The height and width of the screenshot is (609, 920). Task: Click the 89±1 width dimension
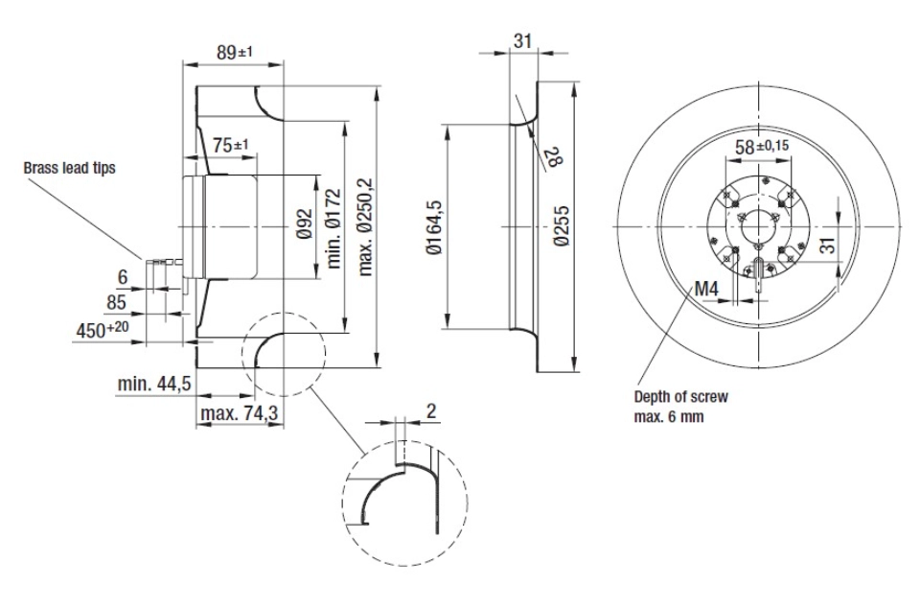(235, 52)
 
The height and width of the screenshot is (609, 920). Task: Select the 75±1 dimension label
(231, 145)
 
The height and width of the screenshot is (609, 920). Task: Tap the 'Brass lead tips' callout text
(69, 168)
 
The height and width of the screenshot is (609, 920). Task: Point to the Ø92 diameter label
(304, 223)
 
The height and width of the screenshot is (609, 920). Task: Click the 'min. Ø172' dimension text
(333, 228)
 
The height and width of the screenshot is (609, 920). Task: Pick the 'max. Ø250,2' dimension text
(365, 227)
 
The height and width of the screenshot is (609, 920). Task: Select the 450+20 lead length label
(103, 330)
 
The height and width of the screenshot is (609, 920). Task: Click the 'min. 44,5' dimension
(154, 384)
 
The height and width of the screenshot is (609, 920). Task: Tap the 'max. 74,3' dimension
(239, 413)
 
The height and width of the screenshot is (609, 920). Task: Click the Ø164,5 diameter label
(435, 227)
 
